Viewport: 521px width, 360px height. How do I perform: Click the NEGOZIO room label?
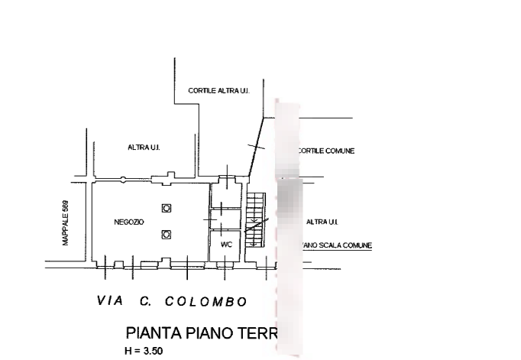[125, 222]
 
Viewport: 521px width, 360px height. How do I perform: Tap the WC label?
[225, 245]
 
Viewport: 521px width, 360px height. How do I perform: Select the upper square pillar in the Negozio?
[167, 208]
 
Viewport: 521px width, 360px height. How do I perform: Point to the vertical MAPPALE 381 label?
[65, 225]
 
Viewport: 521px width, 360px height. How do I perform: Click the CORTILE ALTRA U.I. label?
[218, 91]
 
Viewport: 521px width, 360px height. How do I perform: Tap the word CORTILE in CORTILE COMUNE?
[311, 151]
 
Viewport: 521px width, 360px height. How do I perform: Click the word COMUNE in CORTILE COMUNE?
[340, 151]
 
